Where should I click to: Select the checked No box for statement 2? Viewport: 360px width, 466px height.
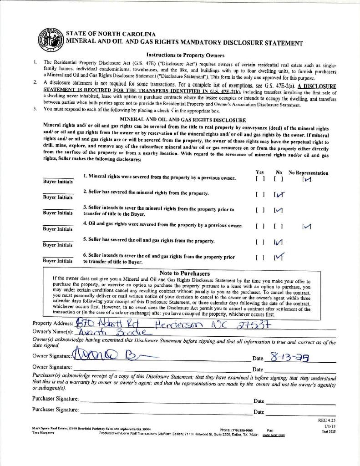279,195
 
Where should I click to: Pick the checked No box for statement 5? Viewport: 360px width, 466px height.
279,242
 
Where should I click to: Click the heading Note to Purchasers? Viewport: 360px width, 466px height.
184,274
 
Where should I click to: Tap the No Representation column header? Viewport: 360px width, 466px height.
308,173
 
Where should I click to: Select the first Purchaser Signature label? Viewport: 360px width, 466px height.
55,399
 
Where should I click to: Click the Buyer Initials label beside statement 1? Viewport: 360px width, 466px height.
57,181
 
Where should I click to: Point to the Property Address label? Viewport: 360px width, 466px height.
52,323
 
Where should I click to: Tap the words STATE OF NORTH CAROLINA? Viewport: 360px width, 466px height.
111,34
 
